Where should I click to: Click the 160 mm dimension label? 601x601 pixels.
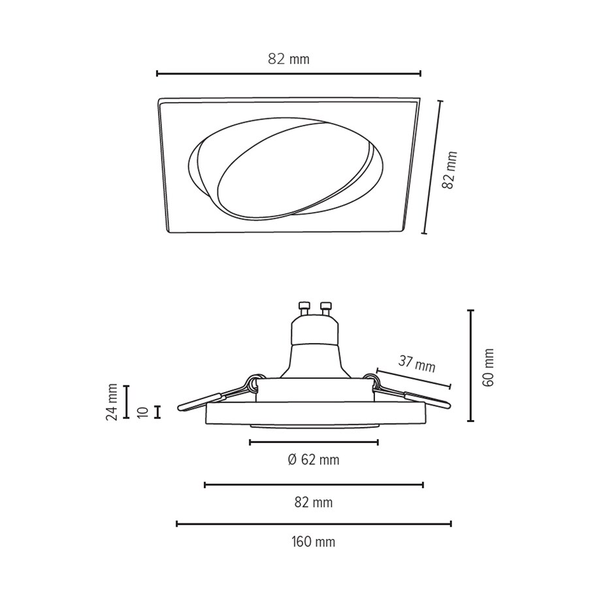313,542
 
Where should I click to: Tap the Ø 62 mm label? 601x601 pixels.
314,459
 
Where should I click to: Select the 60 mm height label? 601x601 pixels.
488,367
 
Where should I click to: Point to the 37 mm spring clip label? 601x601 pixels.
417,364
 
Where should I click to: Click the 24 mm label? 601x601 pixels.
112,402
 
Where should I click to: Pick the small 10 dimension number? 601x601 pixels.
142,412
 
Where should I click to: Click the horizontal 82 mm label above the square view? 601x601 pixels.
288,59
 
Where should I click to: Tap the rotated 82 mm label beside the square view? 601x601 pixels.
449,170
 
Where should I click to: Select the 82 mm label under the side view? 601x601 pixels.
313,502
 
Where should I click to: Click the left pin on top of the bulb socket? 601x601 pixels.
303,307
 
